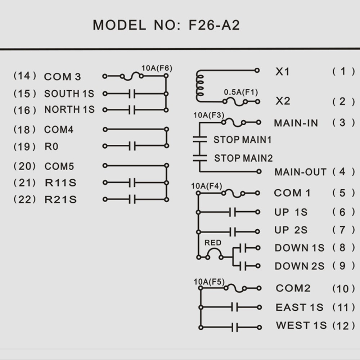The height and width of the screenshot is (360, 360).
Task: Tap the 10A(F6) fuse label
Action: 157,68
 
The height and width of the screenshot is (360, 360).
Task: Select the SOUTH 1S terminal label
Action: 69,94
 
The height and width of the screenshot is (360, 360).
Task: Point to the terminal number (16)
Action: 25,110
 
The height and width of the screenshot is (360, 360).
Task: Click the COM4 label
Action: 59,129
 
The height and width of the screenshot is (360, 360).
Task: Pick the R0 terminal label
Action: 51,147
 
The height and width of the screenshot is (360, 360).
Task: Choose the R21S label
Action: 60,199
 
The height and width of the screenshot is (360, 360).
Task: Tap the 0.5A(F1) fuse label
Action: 241,93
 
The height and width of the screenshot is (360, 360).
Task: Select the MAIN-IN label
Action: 296,123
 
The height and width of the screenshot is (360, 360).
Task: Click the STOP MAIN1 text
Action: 242,140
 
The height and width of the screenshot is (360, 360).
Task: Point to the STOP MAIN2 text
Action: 243,158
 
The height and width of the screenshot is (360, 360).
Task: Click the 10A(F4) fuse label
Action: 207,186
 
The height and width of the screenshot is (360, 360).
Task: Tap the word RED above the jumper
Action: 213,243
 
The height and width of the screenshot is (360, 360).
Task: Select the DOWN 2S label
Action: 299,266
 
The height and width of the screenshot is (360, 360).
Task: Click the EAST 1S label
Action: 299,307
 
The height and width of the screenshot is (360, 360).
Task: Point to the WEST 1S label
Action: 301,326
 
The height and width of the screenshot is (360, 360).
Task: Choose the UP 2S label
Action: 291,230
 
